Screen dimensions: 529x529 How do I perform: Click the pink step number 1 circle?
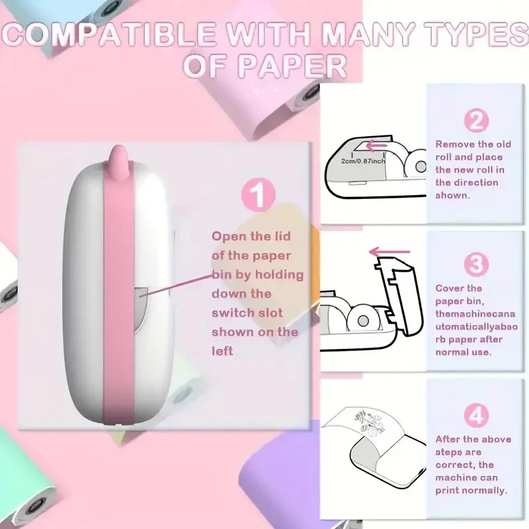[x=259, y=194]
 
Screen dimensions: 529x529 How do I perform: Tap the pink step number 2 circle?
[x=476, y=120]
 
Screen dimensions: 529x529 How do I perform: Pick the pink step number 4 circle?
[x=476, y=415]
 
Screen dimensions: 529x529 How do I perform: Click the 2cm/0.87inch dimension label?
[x=363, y=161]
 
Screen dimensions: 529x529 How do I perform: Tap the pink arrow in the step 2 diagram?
[x=376, y=146]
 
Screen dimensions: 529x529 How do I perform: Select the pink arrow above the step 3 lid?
[x=389, y=252]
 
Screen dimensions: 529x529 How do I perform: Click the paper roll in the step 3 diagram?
[x=362, y=320]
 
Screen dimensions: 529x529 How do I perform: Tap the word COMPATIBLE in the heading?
[x=108, y=34]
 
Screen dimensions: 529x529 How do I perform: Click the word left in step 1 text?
[x=222, y=351]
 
